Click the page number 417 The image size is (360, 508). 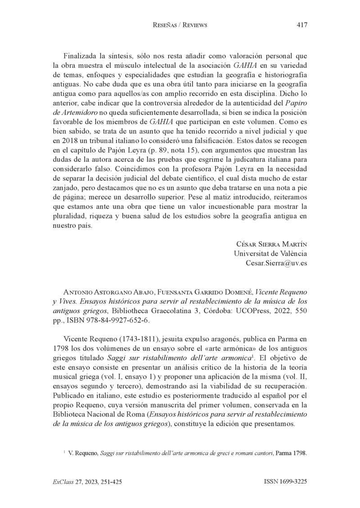[302, 25]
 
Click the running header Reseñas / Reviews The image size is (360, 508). [180, 26]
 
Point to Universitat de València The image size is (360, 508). [270, 253]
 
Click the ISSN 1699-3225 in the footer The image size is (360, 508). [285, 481]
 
